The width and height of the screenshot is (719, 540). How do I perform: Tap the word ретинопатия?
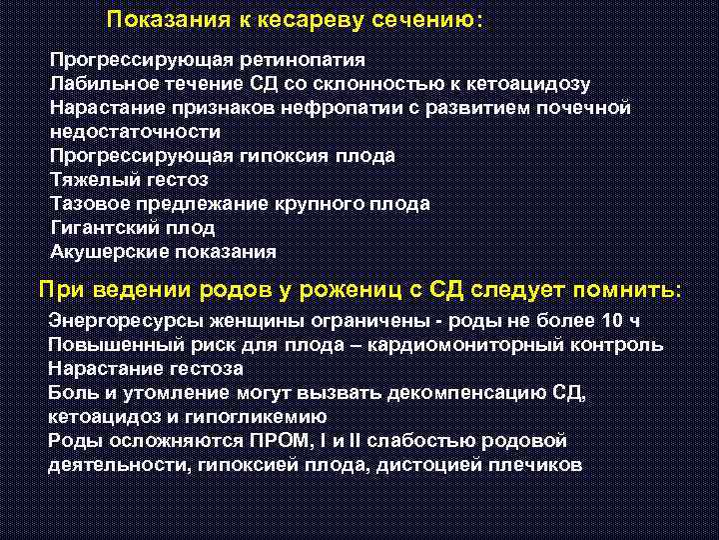(x=301, y=60)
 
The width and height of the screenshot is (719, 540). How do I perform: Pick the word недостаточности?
(x=135, y=132)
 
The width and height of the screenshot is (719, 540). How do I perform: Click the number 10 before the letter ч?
(x=613, y=321)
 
